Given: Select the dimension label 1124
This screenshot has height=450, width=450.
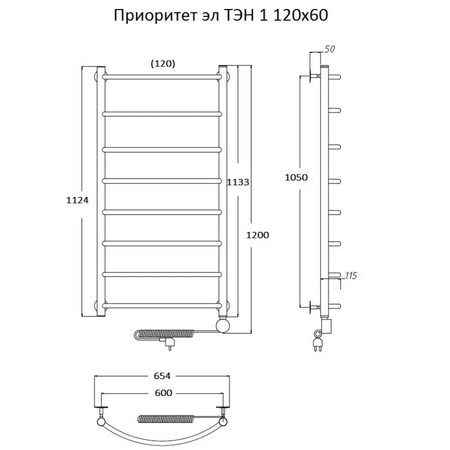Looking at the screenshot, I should point(77,200).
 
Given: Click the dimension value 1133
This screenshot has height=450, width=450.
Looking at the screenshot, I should point(238,182).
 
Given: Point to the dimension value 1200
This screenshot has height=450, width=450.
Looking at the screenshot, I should point(258,235).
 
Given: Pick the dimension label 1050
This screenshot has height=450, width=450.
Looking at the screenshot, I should point(297,177).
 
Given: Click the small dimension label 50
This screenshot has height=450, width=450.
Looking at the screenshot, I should point(330,49).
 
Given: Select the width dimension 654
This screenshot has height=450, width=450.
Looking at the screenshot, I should point(161,376).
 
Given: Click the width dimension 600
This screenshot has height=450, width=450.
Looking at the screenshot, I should point(161,393).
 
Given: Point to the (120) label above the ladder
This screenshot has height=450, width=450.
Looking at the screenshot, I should point(163,64).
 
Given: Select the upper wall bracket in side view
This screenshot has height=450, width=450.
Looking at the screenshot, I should point(313,75).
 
